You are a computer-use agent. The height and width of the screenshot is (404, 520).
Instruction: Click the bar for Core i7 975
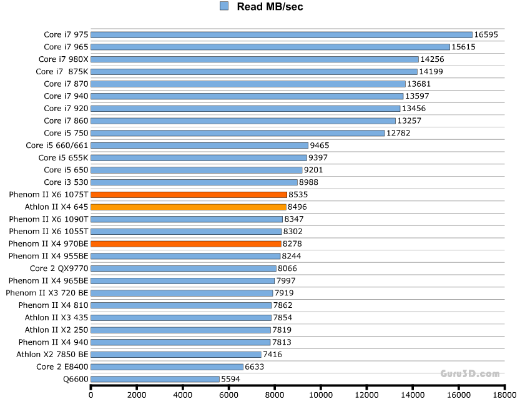pos(281,34)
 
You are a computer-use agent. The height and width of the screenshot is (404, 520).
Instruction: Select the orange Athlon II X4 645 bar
pos(189,207)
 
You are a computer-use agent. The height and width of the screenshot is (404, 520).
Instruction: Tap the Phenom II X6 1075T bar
pos(189,194)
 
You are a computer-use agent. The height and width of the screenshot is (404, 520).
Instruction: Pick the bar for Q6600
pos(155,379)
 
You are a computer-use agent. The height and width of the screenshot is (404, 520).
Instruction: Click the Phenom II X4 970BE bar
pos(186,244)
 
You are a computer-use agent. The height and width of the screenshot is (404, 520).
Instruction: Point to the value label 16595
pos(486,34)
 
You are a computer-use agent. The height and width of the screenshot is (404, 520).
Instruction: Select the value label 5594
pos(230,379)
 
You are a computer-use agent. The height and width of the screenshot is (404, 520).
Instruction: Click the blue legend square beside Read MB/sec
pos(224,6)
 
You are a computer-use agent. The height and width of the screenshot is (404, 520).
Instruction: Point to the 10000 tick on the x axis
pos(320,395)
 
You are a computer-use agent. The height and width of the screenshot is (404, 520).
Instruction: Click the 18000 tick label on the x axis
pos(504,395)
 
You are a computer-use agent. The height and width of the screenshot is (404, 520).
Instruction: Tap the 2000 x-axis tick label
pos(137,395)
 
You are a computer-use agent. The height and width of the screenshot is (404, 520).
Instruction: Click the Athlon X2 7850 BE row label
pos(52,354)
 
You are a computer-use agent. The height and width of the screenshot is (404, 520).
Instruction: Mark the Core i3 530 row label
pos(66,182)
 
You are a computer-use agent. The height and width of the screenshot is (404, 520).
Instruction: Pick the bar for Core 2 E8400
pos(167,367)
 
